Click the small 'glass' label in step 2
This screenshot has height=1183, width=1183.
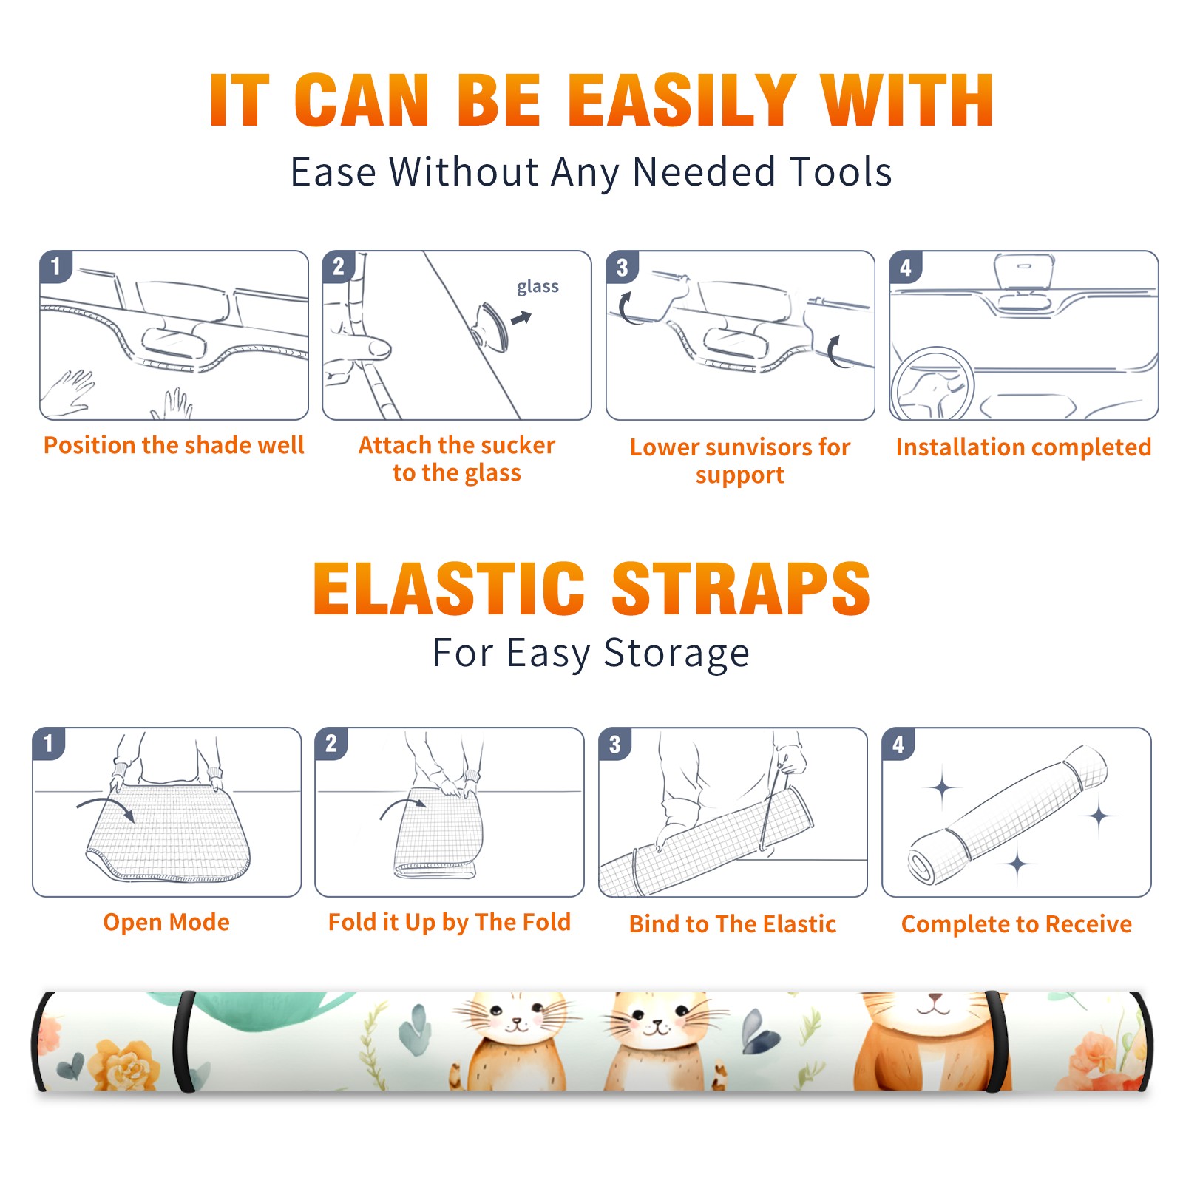click(x=538, y=287)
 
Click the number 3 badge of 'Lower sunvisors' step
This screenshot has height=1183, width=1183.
click(x=622, y=267)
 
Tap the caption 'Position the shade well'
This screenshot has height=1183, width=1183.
click(x=174, y=445)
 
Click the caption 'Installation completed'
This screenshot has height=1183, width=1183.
click(x=1023, y=447)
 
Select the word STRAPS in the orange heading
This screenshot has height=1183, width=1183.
click(x=741, y=589)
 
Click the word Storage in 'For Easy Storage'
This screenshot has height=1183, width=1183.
click(x=677, y=654)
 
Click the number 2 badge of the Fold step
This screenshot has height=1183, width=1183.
click(x=331, y=743)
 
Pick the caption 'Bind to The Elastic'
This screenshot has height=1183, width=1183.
click(x=732, y=923)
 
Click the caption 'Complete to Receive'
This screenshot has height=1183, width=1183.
click(x=1016, y=923)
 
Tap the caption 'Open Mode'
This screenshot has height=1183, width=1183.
click(x=166, y=922)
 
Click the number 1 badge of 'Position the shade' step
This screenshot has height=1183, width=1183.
click(x=55, y=266)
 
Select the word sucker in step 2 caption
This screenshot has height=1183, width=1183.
click(x=517, y=445)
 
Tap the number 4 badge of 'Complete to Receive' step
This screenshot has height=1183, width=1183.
click(x=898, y=744)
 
